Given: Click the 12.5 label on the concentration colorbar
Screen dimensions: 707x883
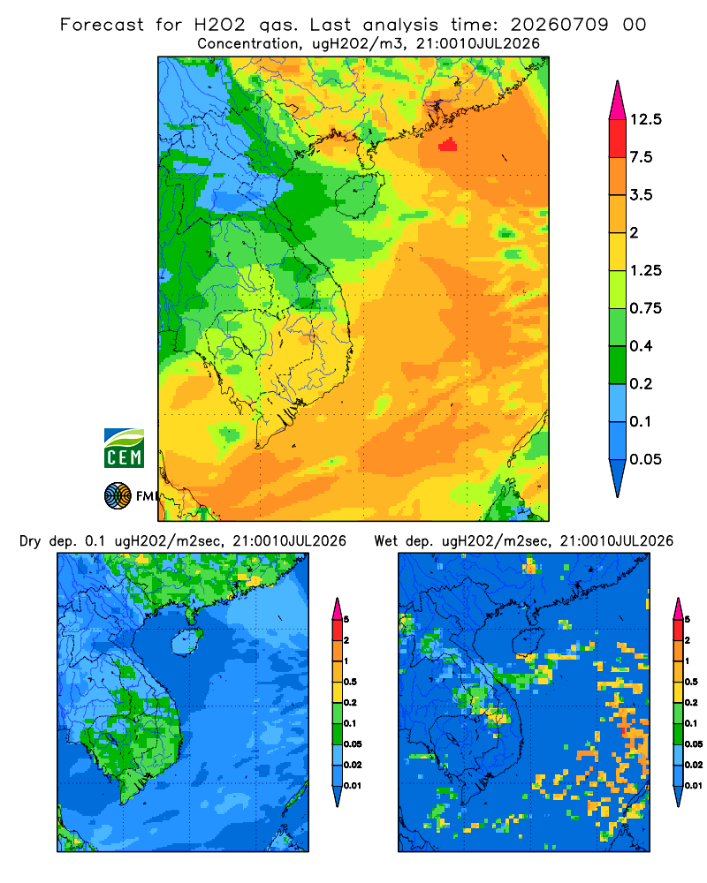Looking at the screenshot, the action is (645, 119).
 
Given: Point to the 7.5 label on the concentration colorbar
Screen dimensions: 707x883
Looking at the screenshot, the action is (641, 157).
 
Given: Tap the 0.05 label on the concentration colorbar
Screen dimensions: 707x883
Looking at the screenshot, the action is (645, 459).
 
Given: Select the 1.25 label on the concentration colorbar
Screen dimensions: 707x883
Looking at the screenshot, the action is (645, 270).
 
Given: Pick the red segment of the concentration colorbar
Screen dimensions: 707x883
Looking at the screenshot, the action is (618, 139).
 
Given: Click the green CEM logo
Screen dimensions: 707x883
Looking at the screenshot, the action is (124, 449).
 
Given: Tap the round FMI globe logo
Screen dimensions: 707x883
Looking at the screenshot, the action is (118, 496).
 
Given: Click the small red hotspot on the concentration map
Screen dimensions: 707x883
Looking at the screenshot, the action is (448, 145).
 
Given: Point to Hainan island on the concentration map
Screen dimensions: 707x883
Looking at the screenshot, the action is (359, 195).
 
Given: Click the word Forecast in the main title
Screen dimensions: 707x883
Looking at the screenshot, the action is (102, 25).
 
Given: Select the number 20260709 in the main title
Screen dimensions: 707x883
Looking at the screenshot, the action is (559, 25).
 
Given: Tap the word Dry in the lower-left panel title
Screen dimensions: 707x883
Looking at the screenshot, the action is (30, 541).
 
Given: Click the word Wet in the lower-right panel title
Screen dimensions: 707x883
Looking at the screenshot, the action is (386, 541).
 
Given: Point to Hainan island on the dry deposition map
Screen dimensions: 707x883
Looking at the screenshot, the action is (186, 642).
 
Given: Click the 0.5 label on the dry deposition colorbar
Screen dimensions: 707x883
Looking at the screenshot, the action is (350, 682).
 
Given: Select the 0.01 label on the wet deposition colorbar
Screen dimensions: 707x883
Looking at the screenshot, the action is (693, 786).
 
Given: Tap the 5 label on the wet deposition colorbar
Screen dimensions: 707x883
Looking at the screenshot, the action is (687, 620).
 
